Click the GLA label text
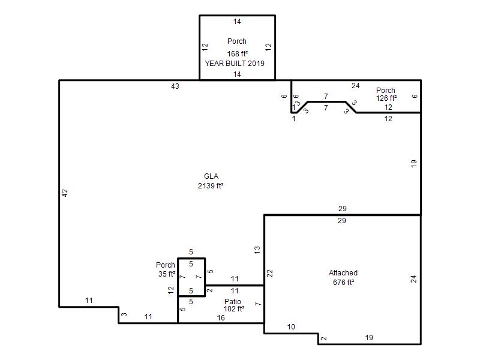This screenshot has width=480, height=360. [211, 176]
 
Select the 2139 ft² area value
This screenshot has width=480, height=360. [211, 186]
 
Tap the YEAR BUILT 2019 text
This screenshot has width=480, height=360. [235, 64]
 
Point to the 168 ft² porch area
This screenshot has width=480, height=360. [237, 53]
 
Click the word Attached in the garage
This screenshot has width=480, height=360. [343, 273]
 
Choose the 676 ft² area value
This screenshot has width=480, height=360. [343, 282]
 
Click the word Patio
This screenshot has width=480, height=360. [233, 302]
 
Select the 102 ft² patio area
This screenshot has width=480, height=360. [234, 309]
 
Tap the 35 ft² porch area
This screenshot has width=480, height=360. [167, 274]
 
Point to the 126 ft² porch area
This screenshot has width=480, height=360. [386, 98]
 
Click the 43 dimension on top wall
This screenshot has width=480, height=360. [175, 86]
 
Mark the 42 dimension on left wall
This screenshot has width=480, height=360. [65, 193]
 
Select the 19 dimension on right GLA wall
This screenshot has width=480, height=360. [413, 163]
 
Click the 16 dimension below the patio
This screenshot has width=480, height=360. [221, 318]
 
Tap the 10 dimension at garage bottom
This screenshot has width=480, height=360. [291, 327]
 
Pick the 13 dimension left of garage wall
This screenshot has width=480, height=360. [257, 250]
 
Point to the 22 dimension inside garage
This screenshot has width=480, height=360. [269, 274]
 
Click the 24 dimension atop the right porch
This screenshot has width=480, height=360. [355, 86]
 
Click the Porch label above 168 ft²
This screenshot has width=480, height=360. [237, 41]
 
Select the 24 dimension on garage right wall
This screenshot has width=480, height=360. [413, 279]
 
